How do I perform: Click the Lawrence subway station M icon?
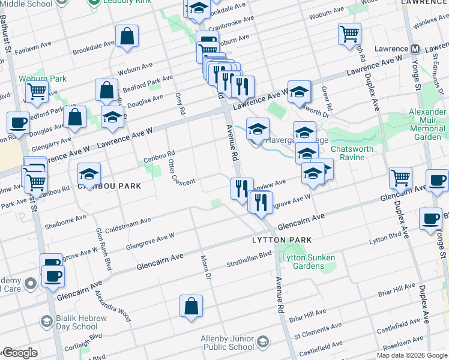[415, 49]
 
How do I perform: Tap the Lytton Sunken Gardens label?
[308, 262]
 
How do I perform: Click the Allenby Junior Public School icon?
[262, 343]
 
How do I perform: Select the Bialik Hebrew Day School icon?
[46, 322]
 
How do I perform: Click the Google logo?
[19, 353]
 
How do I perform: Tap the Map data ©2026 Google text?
[412, 355]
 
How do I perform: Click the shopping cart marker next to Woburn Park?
[37, 92]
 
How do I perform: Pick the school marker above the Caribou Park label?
[89, 174]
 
